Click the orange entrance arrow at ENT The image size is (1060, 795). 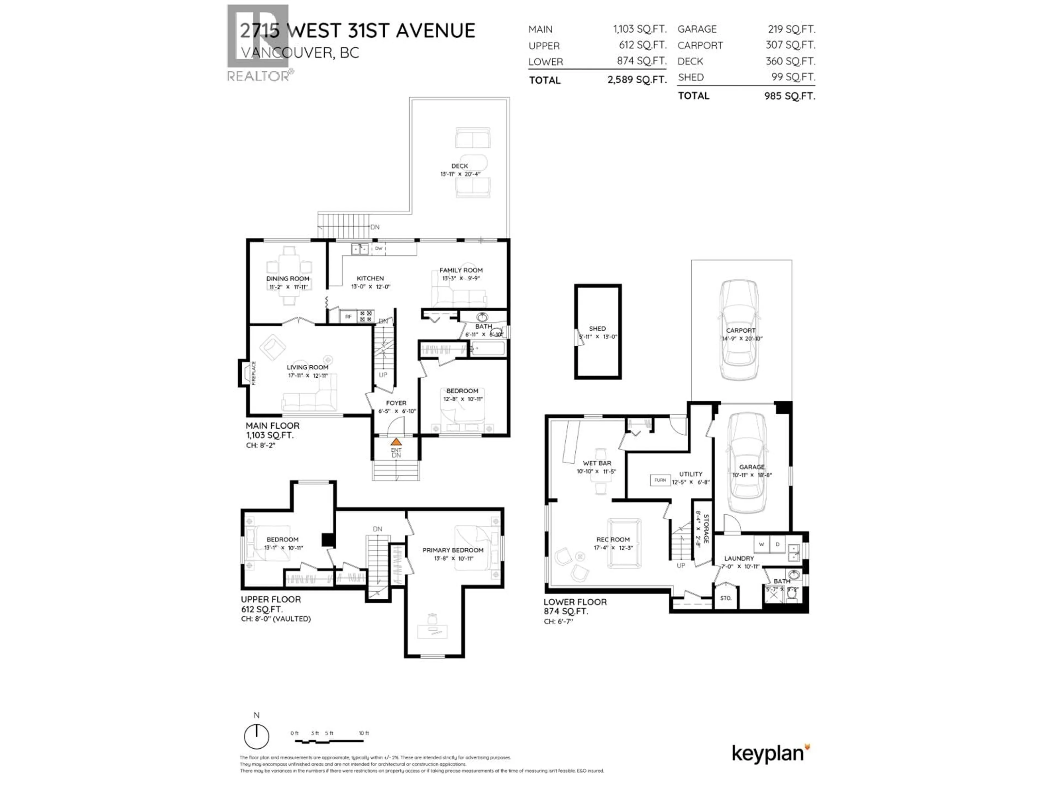(396, 442)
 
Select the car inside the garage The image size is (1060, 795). (747, 462)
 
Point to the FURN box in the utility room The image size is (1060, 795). (660, 480)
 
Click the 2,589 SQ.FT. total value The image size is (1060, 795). (637, 79)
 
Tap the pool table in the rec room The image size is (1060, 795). (624, 543)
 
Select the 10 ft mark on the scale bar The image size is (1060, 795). (364, 733)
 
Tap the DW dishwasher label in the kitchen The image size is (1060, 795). (378, 248)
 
